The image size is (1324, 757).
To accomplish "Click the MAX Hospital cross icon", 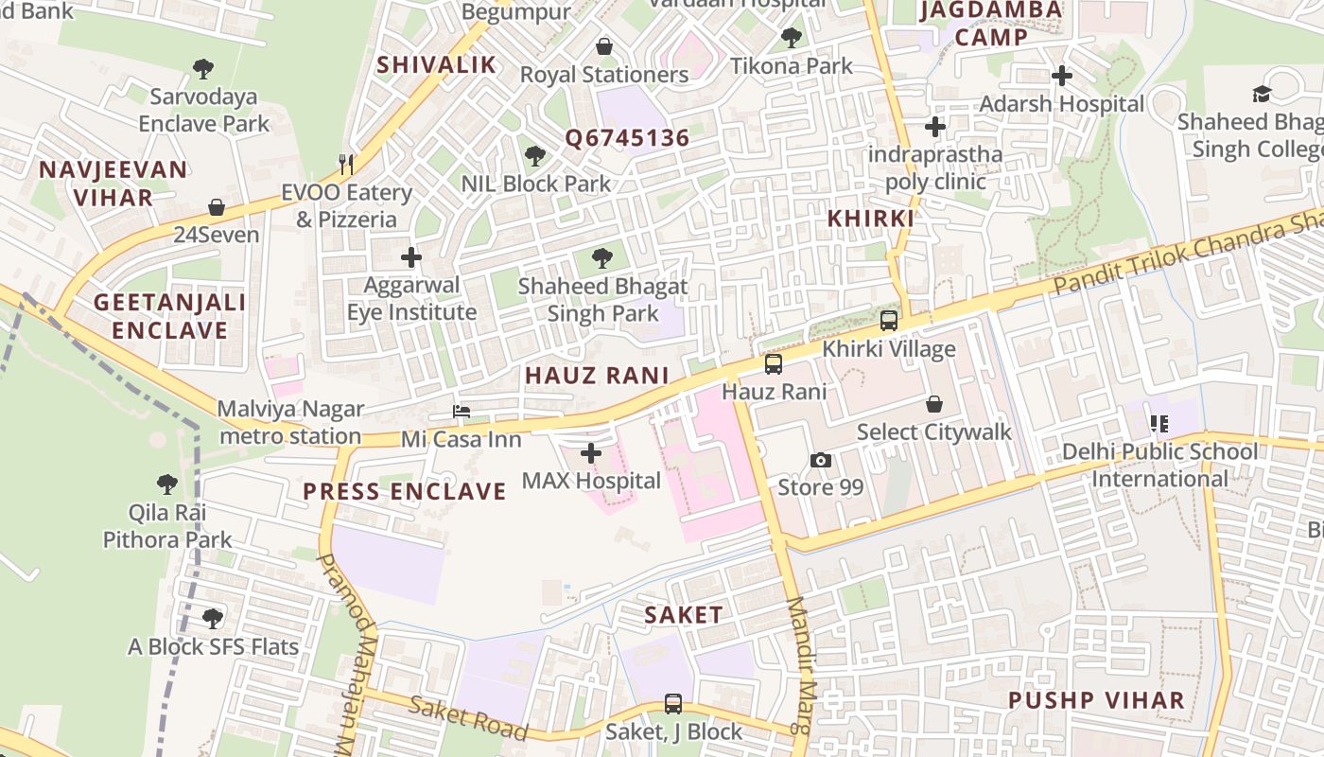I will pyautogui.click(x=591, y=453).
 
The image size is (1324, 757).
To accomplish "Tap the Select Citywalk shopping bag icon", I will pyautogui.click(x=934, y=404).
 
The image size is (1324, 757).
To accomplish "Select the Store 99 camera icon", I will pyautogui.click(x=821, y=460).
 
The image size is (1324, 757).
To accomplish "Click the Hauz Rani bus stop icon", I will pyautogui.click(x=774, y=363).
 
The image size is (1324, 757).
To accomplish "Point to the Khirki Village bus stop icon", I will pyautogui.click(x=889, y=320).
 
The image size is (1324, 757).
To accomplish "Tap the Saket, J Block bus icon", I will pyautogui.click(x=673, y=703).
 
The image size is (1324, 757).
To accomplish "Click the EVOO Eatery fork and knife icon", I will pyautogui.click(x=346, y=165).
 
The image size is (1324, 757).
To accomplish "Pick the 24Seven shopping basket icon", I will pyautogui.click(x=217, y=206).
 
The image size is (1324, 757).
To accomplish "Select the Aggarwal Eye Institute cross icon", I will pyautogui.click(x=411, y=256).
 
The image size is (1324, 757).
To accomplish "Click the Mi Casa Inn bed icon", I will pyautogui.click(x=462, y=412).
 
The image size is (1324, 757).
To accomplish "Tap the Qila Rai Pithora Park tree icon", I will pyautogui.click(x=167, y=484).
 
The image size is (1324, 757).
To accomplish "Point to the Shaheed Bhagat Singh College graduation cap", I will pyautogui.click(x=1262, y=93).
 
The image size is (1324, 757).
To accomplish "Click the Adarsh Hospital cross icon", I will pyautogui.click(x=1062, y=75).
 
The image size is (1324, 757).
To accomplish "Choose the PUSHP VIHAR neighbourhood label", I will pyautogui.click(x=1096, y=700).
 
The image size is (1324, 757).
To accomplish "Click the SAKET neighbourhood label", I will pyautogui.click(x=684, y=614).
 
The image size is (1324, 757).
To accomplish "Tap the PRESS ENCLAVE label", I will pyautogui.click(x=405, y=491).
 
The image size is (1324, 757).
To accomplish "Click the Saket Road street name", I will pyautogui.click(x=467, y=716).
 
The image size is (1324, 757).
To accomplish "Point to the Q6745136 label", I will pyautogui.click(x=628, y=138).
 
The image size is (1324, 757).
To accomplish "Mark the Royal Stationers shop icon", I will pyautogui.click(x=604, y=45).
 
